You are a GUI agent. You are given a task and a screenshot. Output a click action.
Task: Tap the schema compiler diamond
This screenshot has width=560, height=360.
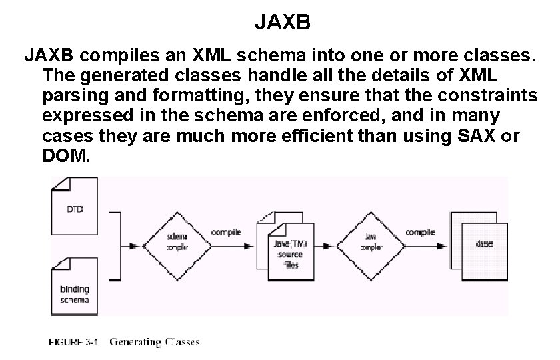(176, 242)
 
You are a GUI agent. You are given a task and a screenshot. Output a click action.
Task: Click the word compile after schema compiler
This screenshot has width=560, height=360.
(227, 232)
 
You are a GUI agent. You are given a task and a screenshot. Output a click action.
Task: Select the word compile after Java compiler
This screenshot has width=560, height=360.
(421, 232)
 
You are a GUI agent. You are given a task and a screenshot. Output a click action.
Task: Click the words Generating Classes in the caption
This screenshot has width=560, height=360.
(154, 343)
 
